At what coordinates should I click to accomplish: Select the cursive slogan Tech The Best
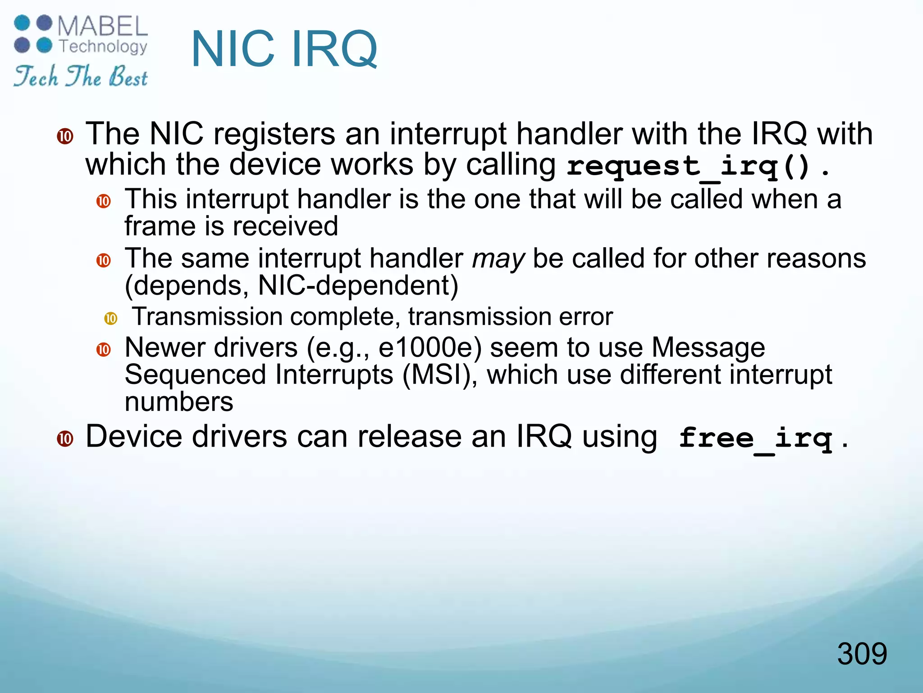tap(80, 76)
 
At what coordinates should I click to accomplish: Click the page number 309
tap(862, 653)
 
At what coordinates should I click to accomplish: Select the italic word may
tap(498, 259)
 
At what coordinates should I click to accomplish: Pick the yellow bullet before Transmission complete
tap(110, 319)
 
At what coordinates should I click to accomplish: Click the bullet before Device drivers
tap(65, 439)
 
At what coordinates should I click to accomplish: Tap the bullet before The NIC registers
tap(65, 136)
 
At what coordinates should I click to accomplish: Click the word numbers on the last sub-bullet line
tap(179, 402)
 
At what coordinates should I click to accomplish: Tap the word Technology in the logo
tap(103, 46)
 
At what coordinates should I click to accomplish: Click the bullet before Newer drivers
tap(104, 350)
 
